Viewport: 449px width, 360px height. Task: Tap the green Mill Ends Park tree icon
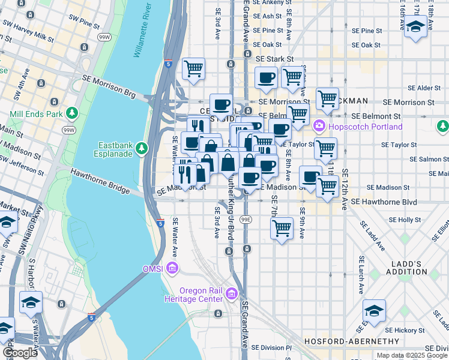(72, 113)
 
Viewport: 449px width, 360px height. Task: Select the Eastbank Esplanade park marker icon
(141, 147)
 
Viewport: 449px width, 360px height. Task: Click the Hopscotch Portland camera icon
(319, 127)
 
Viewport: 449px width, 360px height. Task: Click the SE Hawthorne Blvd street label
(384, 202)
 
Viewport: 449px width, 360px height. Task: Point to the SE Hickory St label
(405, 330)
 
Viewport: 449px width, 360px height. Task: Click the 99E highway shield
(246, 220)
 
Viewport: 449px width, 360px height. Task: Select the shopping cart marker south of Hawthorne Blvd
(282, 228)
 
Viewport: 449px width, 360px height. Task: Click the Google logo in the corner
(19, 353)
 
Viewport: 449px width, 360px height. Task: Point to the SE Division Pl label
(271, 347)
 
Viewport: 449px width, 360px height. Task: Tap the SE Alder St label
(429, 88)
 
